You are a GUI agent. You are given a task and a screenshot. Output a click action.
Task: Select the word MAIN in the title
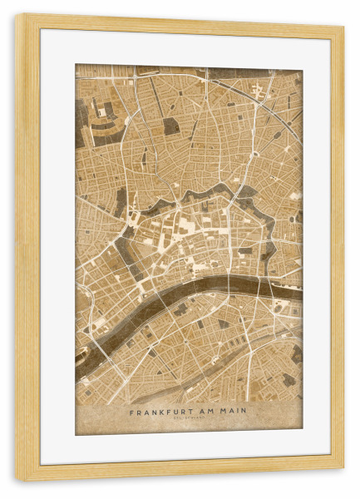click(x=234, y=410)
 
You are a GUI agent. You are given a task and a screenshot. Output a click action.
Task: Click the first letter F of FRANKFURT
click(x=131, y=410)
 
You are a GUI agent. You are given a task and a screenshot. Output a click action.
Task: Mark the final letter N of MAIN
click(x=245, y=410)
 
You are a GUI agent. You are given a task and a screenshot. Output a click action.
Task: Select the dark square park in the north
click(x=171, y=126)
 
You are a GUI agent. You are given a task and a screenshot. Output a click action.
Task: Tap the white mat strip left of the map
click(x=58, y=249)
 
